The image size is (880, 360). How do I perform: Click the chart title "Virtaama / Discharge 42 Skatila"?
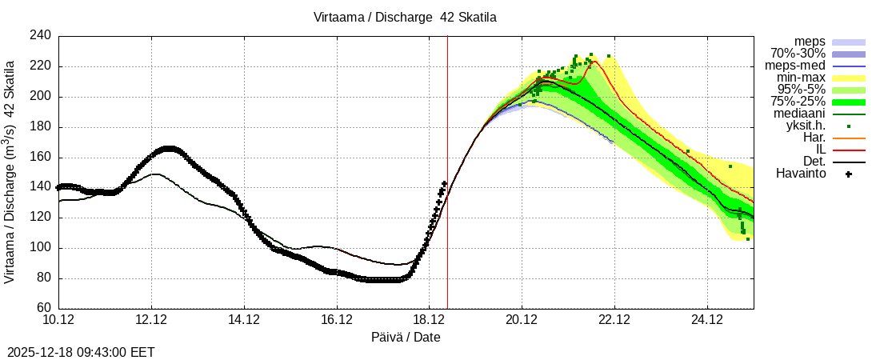pyautogui.click(x=406, y=17)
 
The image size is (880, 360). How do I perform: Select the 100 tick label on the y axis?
pyautogui.click(x=42, y=248)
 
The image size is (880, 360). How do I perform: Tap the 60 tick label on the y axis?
pyautogui.click(x=45, y=309)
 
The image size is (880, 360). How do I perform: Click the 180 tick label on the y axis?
pyautogui.click(x=42, y=127)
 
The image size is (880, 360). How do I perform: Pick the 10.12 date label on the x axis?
pyautogui.click(x=59, y=320)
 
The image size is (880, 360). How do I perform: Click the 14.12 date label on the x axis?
pyautogui.click(x=244, y=320)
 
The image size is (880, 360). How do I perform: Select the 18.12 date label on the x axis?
pyautogui.click(x=429, y=320)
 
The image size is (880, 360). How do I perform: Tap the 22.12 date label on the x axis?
pyautogui.click(x=614, y=320)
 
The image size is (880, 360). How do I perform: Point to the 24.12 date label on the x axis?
pyautogui.click(x=706, y=320)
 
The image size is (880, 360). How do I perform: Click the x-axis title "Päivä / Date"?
pyautogui.click(x=406, y=338)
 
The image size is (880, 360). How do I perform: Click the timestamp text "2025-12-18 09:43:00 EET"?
pyautogui.click(x=81, y=352)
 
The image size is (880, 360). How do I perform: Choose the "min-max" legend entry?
pyautogui.click(x=801, y=78)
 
